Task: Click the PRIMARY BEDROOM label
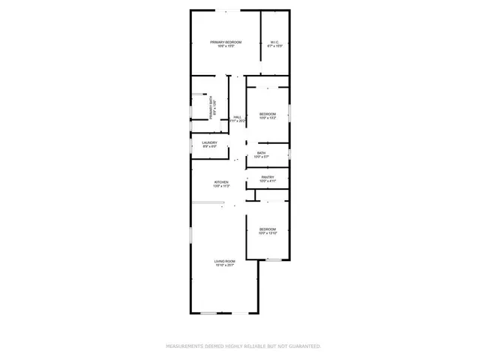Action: [226, 42]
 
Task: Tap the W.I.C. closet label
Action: [274, 42]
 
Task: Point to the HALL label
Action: [237, 117]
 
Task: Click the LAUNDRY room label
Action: [209, 142]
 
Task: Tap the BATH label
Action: [261, 153]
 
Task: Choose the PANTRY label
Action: [267, 178]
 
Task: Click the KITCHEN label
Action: [221, 181]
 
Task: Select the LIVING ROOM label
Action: [225, 261]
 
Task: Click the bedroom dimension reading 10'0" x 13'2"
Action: [268, 118]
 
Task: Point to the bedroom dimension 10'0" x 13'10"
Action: [268, 233]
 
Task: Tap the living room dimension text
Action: [225, 265]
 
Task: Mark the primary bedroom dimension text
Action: [226, 46]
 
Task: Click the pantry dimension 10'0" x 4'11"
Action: [268, 181]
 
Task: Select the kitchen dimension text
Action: [221, 186]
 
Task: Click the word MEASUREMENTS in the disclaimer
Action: [184, 346]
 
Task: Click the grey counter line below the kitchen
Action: [207, 203]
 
